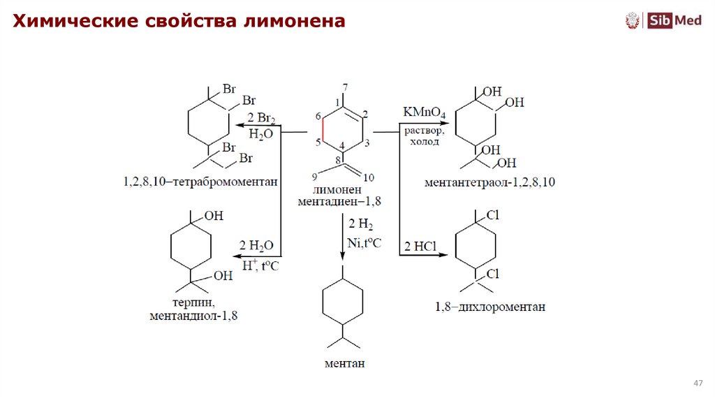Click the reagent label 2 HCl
(x=420, y=247)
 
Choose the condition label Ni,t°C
(x=364, y=242)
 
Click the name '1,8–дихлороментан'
(x=489, y=307)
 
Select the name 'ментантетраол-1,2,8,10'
(x=489, y=183)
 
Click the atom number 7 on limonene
(x=344, y=87)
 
